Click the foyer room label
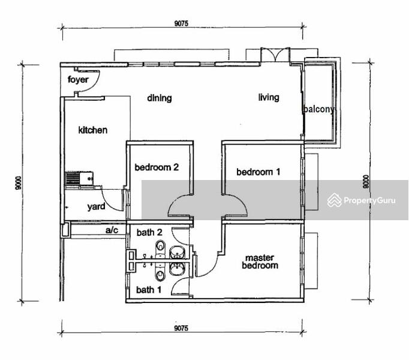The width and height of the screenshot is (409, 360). click(x=78, y=80)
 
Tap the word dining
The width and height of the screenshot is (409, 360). click(x=160, y=98)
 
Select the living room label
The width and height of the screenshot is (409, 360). click(x=269, y=97)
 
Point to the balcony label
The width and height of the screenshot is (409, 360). click(x=319, y=109)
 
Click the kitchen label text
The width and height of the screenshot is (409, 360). click(x=93, y=130)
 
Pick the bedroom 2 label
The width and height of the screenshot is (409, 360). click(x=157, y=167)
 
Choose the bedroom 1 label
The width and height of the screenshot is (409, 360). click(x=258, y=172)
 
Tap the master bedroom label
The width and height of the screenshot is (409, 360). click(x=260, y=262)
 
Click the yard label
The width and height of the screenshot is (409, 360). click(x=96, y=207)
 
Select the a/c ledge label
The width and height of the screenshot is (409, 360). click(x=112, y=230)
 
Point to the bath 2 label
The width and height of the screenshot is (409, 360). click(x=149, y=232)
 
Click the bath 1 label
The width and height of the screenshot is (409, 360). click(x=149, y=290)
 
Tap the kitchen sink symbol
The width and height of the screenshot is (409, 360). click(x=79, y=179)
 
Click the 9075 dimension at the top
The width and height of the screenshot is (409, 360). click(x=181, y=23)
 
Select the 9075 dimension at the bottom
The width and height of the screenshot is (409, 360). click(x=181, y=328)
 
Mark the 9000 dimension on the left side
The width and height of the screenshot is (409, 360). click(x=18, y=183)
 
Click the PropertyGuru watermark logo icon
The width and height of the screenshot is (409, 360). click(x=335, y=200)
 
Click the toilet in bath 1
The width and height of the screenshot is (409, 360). click(x=160, y=275)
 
